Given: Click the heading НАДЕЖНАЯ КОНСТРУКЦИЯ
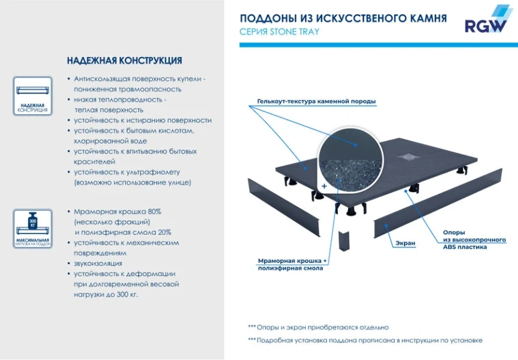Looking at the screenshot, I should point(124,61).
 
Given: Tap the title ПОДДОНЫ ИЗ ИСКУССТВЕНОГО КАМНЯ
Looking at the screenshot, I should point(343,19).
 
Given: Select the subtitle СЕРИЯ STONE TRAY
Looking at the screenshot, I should point(279,32).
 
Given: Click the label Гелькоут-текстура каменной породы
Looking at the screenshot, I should point(316,101).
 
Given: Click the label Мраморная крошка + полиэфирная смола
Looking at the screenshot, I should point(292,265).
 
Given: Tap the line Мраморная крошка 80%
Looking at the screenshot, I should point(117,212).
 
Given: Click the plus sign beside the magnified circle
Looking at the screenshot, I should point(324,187).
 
